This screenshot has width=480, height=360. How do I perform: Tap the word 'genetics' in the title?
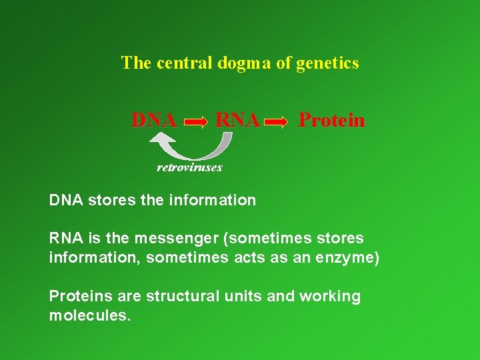[329, 63]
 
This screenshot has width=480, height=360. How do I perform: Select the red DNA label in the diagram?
[154, 121]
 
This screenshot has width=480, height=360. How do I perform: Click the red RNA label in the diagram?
[237, 121]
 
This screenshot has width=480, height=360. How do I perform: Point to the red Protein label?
[331, 121]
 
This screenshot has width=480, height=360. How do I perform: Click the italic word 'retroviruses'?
[189, 167]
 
